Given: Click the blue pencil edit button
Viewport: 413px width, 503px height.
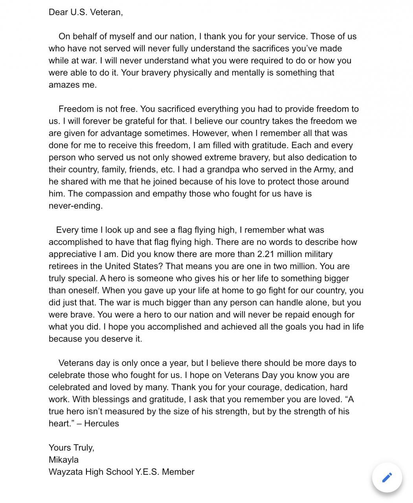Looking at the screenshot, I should click(387, 477).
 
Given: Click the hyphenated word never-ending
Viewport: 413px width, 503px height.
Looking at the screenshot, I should click(75, 206).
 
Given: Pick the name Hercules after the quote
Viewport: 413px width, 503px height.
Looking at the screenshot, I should click(101, 424).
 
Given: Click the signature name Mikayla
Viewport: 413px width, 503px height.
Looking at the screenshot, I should click(64, 460).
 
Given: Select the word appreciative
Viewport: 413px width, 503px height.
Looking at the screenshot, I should click(70, 254).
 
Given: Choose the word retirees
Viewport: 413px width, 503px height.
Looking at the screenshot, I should click(64, 266).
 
